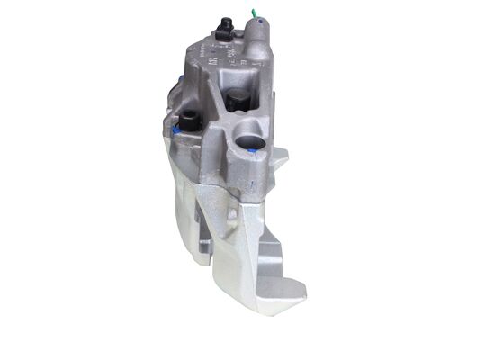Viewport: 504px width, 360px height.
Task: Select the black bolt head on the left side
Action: (190, 121)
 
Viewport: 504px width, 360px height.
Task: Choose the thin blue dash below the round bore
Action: (251, 184)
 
